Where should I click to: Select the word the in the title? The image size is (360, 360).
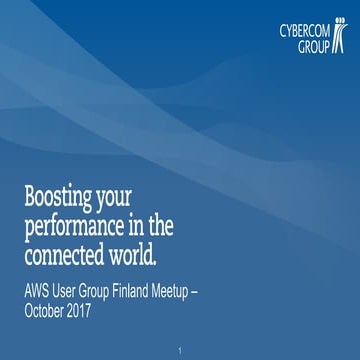(204, 222)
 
